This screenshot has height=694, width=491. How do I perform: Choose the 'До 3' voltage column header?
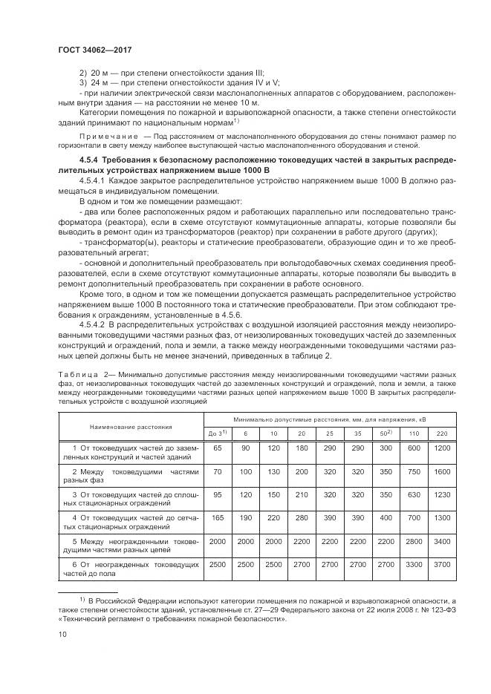point(217,433)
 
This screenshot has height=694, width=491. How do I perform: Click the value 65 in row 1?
point(218,449)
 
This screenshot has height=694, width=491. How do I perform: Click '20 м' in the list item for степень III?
point(98,74)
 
